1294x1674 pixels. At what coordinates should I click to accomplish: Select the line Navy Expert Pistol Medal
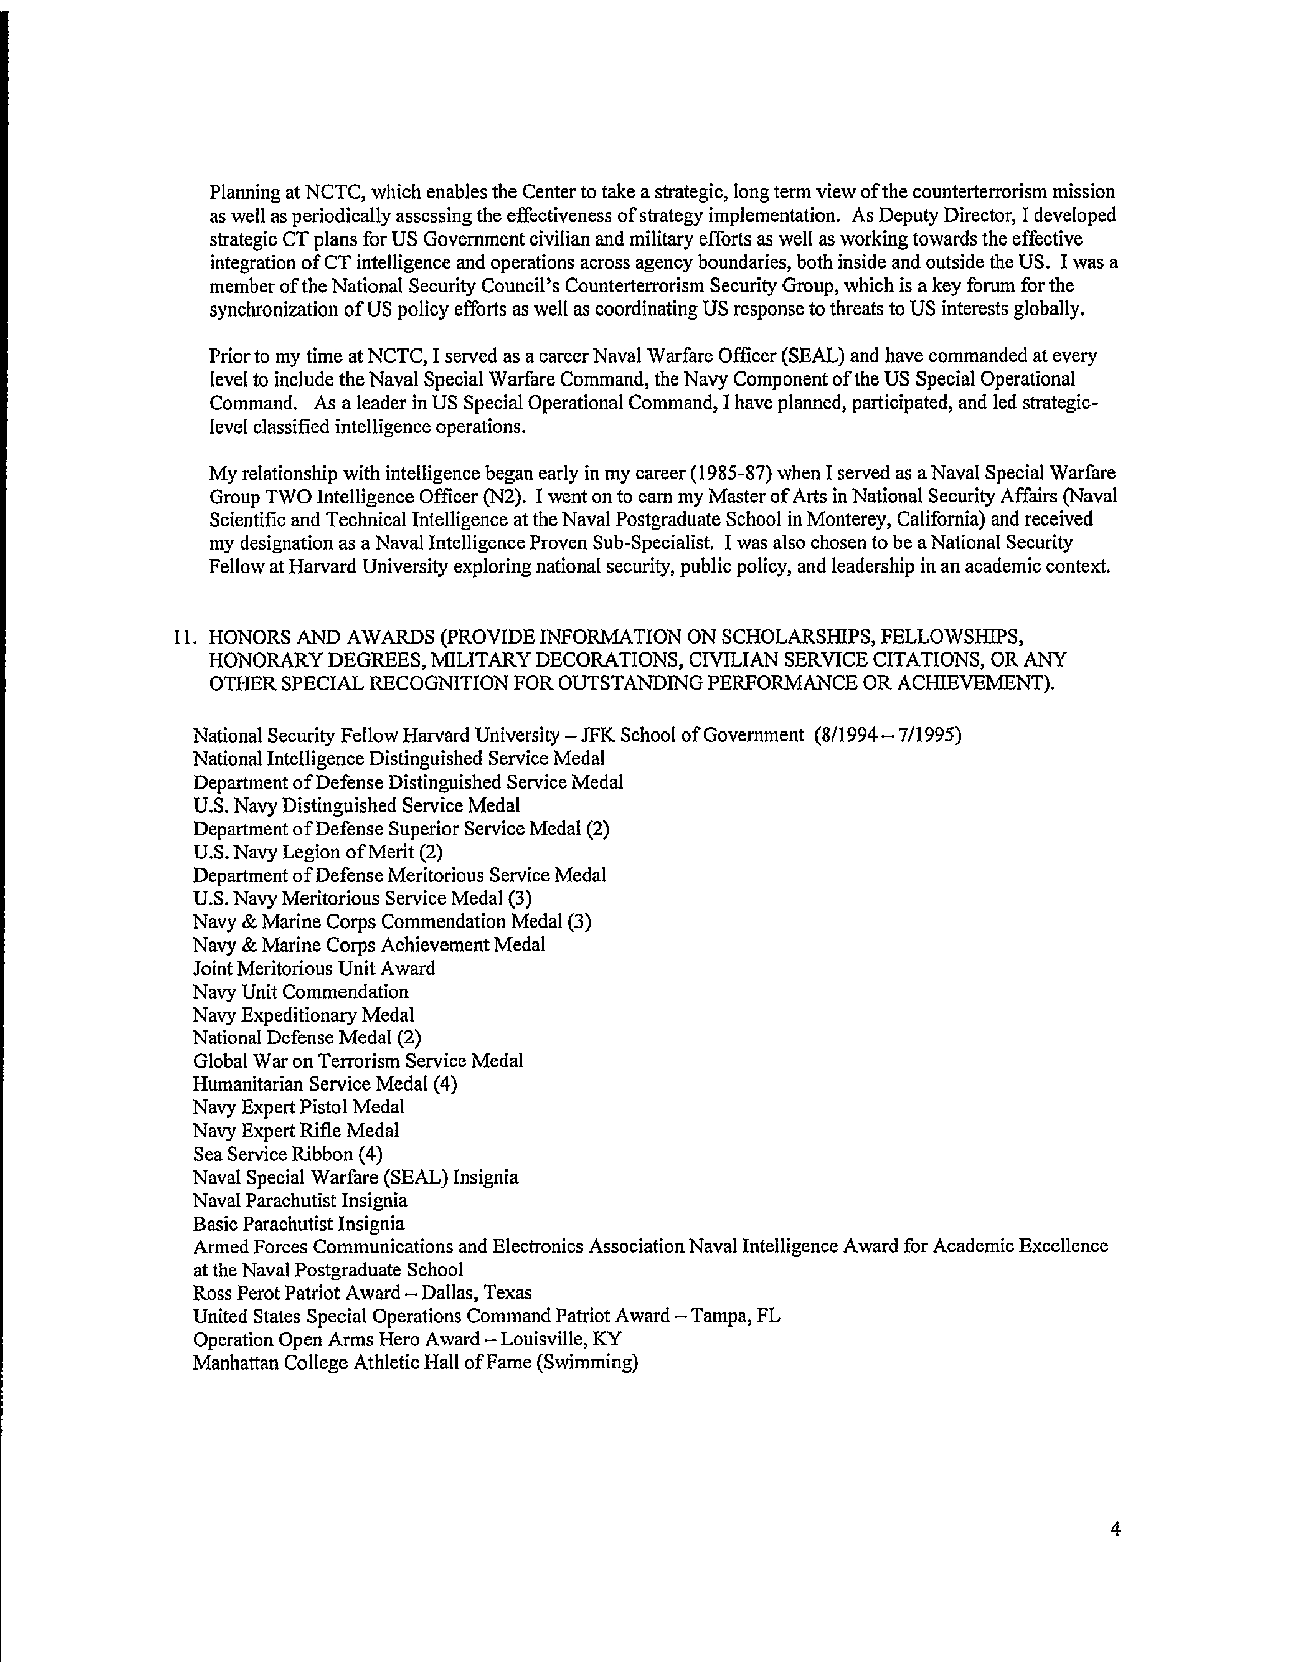(x=298, y=1107)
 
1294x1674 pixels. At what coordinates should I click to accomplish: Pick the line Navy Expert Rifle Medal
(x=296, y=1131)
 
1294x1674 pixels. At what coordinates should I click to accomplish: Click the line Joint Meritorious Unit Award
(x=314, y=968)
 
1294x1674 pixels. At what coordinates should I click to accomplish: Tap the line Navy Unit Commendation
(x=300, y=992)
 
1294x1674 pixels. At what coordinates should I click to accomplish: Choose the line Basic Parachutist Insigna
(x=298, y=1224)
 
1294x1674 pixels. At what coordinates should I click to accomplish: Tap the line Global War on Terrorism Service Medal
(x=358, y=1061)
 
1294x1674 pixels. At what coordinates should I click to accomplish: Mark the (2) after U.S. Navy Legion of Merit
(x=431, y=852)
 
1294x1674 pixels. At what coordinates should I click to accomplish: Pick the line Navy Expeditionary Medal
(x=303, y=1015)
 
